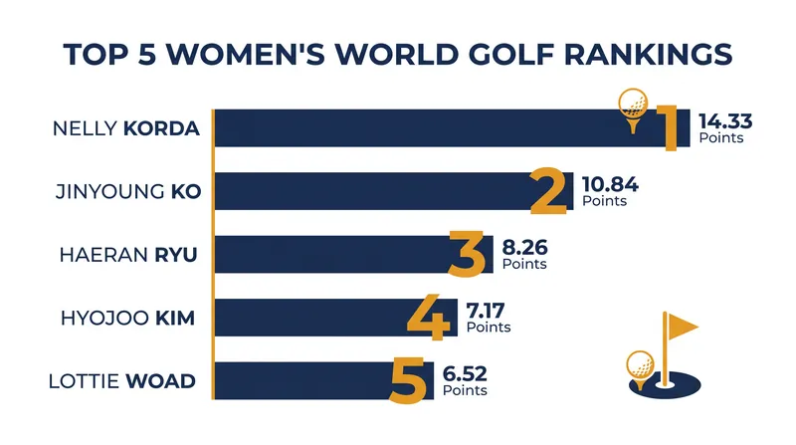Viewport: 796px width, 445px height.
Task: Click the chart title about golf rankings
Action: pyautogui.click(x=397, y=54)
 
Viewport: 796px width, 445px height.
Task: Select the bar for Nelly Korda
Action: pyautogui.click(x=452, y=128)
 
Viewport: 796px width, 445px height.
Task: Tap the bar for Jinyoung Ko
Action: pyautogui.click(x=394, y=191)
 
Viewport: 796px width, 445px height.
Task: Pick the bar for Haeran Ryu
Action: pyautogui.click(x=354, y=254)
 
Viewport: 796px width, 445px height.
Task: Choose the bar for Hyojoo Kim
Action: pyautogui.click(x=336, y=318)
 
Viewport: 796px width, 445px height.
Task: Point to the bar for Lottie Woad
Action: pyautogui.click(x=324, y=380)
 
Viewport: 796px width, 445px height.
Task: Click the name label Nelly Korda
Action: pyautogui.click(x=126, y=128)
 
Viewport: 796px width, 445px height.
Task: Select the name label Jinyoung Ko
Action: pyautogui.click(x=128, y=191)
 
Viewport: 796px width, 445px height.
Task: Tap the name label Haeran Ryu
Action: pyautogui.click(x=128, y=255)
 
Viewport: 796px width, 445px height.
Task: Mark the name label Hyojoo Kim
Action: pyautogui.click(x=128, y=318)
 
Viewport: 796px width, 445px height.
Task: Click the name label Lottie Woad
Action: pyautogui.click(x=121, y=381)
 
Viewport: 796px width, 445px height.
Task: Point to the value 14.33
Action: pyautogui.click(x=725, y=121)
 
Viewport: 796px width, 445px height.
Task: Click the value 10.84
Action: pyautogui.click(x=610, y=184)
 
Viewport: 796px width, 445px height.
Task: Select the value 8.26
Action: pyautogui.click(x=525, y=248)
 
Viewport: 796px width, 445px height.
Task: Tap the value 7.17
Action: pyautogui.click(x=486, y=311)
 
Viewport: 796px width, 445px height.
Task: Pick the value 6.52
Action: pyautogui.click(x=465, y=374)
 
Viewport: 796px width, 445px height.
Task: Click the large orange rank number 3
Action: pyautogui.click(x=467, y=254)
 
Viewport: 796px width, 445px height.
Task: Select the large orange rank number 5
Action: pyautogui.click(x=408, y=380)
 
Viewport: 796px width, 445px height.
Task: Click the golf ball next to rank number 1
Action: pyautogui.click(x=633, y=104)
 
